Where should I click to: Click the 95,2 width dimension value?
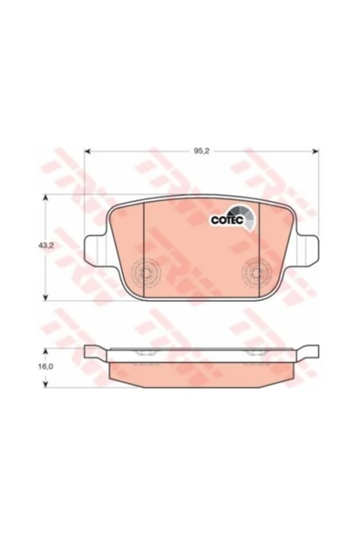[201, 151]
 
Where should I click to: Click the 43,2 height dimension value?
[44, 246]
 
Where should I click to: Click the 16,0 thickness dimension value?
[46, 367]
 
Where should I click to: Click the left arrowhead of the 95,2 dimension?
[87, 151]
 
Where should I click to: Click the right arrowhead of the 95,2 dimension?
[315, 151]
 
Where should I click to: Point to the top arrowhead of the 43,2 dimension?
[45, 197]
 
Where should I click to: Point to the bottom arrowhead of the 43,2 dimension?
[45, 298]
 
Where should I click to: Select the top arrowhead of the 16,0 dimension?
[45, 351]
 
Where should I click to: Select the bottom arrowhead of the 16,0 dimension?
[45, 385]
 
